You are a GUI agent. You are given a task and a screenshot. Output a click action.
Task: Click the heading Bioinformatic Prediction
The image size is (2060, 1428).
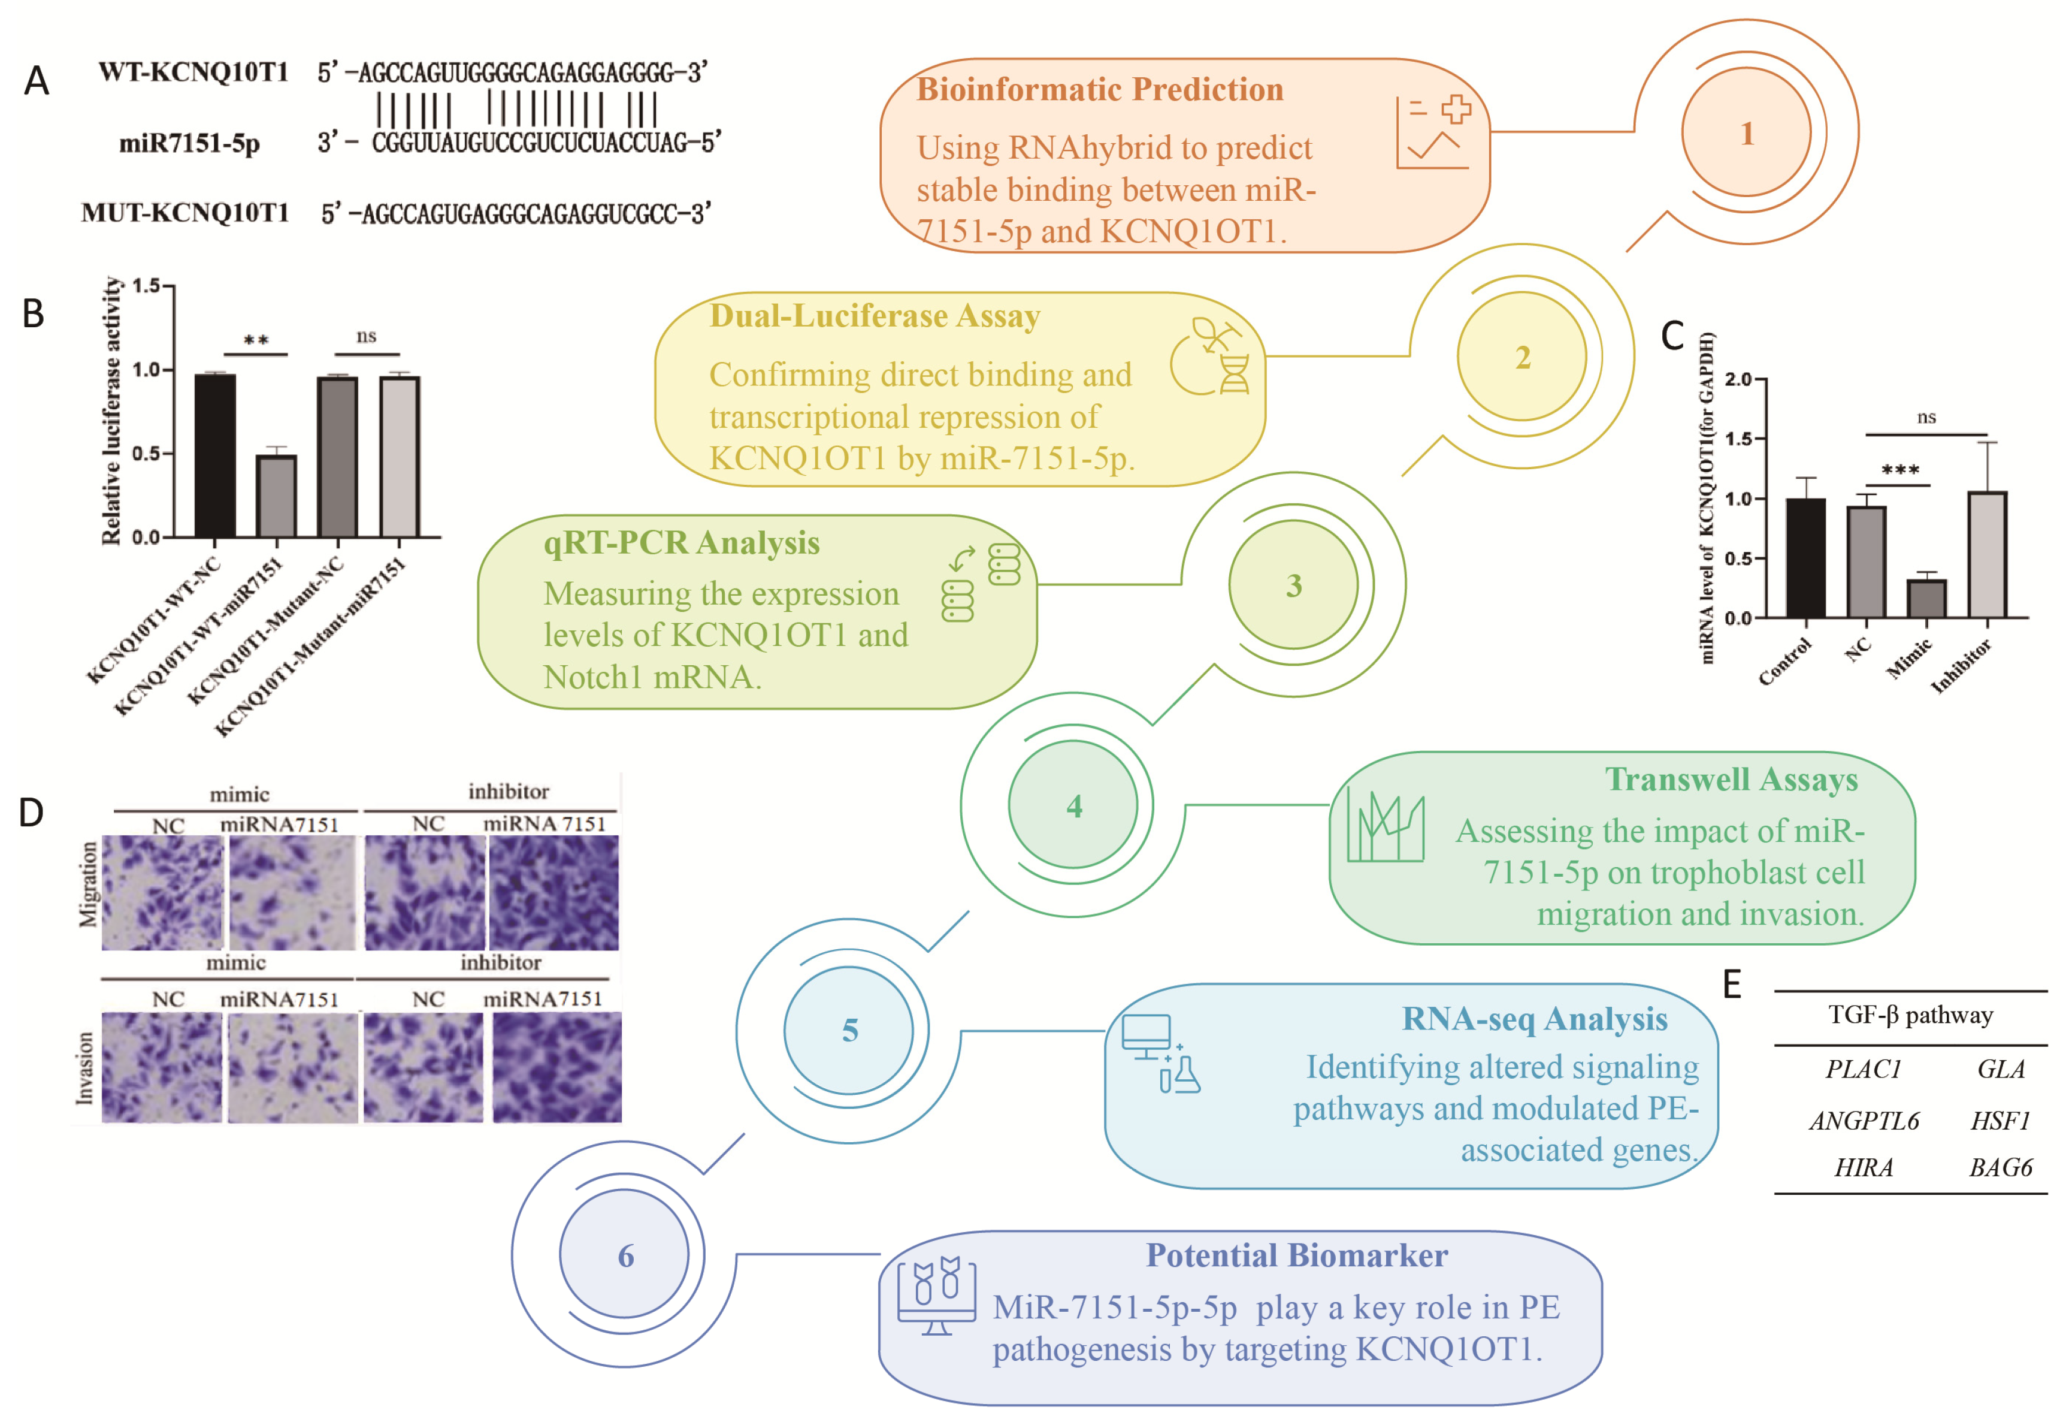[1099, 89]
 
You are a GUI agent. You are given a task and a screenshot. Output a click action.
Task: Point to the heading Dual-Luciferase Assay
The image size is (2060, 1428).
[874, 316]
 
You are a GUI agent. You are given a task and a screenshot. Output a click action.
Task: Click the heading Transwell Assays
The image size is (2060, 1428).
[1730, 778]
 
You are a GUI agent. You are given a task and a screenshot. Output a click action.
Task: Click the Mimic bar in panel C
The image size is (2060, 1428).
[1925, 597]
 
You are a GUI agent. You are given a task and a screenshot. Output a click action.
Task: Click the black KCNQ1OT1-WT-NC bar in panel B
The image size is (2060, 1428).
[214, 456]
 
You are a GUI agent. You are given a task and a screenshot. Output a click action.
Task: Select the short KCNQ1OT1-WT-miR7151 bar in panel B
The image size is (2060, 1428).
[276, 497]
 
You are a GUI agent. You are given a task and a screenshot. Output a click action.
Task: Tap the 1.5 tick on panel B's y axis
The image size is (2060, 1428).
[146, 285]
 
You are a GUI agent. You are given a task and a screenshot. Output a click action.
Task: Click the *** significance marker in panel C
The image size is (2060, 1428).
[1899, 470]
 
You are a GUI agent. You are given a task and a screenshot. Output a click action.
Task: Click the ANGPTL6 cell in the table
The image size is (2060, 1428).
[1863, 1120]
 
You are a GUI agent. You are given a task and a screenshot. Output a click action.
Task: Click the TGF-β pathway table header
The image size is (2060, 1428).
[1909, 1015]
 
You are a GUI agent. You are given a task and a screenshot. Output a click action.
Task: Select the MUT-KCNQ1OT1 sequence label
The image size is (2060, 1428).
[185, 213]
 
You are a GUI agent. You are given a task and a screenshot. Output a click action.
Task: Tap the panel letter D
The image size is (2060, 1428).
[31, 813]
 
